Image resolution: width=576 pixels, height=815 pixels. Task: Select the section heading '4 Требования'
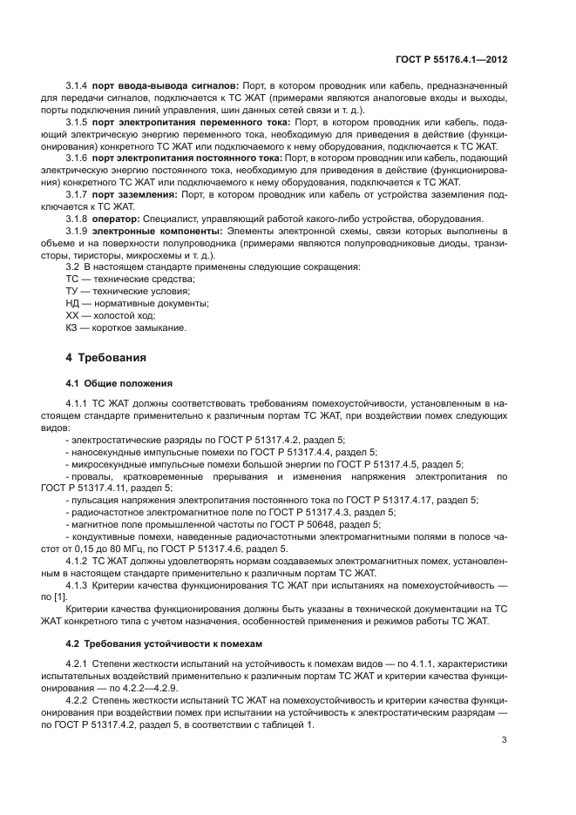point(108,358)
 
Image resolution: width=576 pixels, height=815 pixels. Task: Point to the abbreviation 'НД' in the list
point(73,303)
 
